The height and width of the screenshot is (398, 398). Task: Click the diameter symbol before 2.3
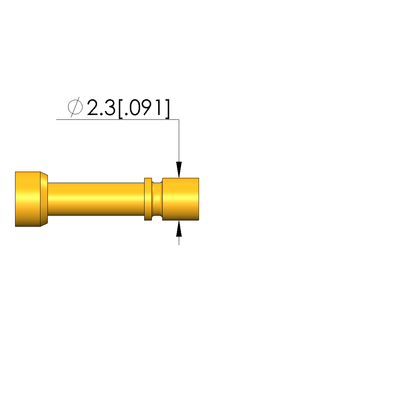(x=75, y=107)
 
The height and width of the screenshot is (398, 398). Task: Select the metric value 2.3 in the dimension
(x=101, y=108)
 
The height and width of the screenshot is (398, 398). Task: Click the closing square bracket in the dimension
(x=167, y=109)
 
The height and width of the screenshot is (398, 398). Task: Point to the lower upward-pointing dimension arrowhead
(x=179, y=229)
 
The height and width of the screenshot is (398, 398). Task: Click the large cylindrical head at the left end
(x=28, y=199)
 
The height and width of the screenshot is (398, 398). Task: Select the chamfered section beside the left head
(x=44, y=199)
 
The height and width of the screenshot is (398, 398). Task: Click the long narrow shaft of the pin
(x=96, y=199)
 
